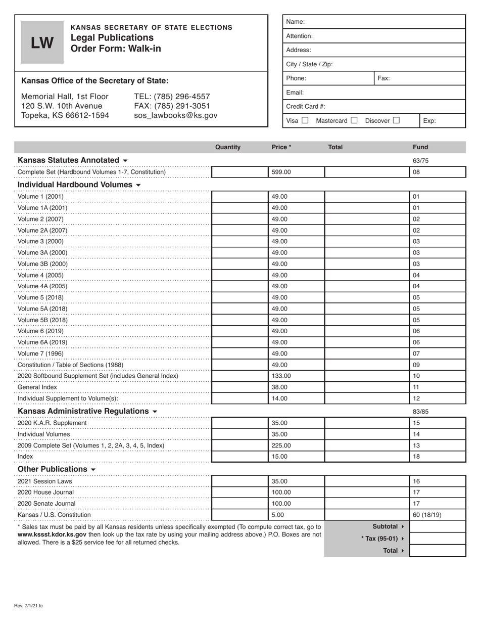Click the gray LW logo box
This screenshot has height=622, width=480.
(42, 42)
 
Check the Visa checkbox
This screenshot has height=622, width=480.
(305, 120)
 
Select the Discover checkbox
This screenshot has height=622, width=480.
(396, 120)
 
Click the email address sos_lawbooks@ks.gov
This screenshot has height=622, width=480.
(175, 115)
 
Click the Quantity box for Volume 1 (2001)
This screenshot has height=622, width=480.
(239, 197)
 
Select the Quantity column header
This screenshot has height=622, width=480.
(228, 147)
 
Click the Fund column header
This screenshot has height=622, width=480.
(420, 147)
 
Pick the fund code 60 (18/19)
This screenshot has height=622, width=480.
(427, 515)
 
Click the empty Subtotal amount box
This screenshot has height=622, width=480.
(437, 526)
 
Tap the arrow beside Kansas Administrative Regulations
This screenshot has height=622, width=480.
(155, 412)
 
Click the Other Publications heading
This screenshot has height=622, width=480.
(53, 469)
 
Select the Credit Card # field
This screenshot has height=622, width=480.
(374, 107)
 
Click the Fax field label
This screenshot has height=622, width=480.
(383, 78)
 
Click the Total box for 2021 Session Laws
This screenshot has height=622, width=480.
(366, 481)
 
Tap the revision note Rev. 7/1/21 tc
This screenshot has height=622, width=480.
(29, 605)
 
